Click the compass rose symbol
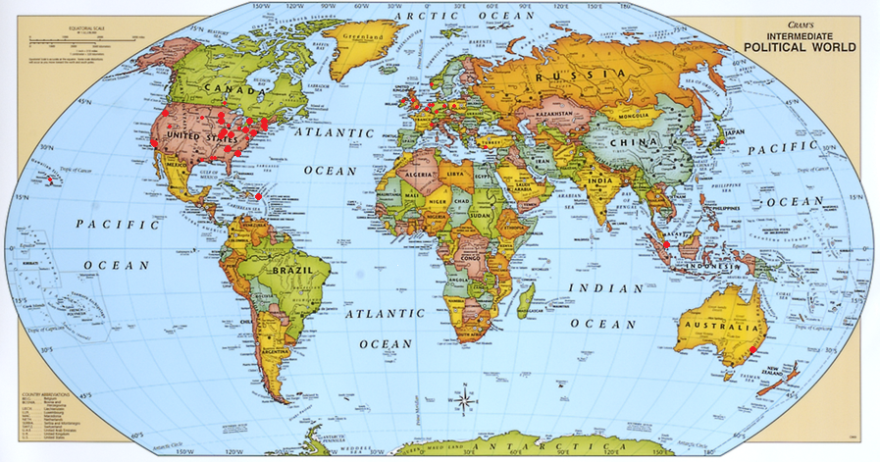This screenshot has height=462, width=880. coord(463,399)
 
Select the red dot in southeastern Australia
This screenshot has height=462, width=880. coord(753,350)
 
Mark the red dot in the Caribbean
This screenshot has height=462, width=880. coord(259,197)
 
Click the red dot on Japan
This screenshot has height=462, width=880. coord(721,143)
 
